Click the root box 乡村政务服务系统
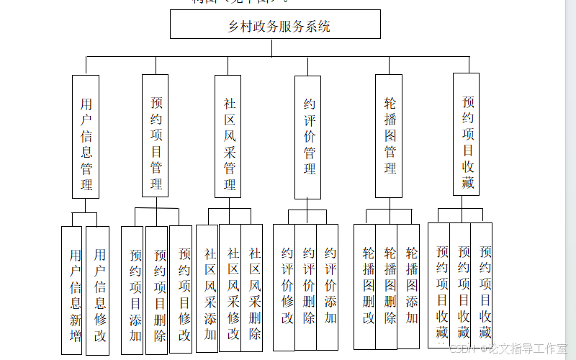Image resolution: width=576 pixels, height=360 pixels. pyautogui.click(x=275, y=27)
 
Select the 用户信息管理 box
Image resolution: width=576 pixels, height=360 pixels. pyautogui.click(x=86, y=136)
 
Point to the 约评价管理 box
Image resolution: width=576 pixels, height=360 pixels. pyautogui.click(x=308, y=137)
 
